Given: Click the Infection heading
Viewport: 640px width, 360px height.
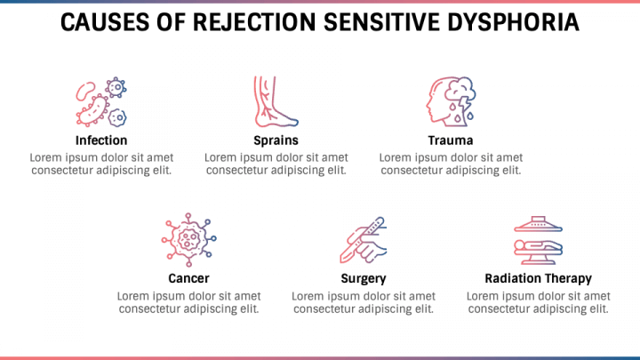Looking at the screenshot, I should tap(101, 140).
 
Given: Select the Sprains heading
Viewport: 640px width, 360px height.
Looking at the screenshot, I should tap(276, 140).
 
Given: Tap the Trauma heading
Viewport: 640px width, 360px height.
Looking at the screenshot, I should tap(450, 140).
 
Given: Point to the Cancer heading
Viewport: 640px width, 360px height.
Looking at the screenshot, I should tap(188, 278).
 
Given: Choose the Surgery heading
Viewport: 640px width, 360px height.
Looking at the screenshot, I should tap(364, 278).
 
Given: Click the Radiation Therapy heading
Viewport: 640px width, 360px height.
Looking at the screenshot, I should tap(538, 278).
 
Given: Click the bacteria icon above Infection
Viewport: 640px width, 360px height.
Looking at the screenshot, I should tap(100, 102).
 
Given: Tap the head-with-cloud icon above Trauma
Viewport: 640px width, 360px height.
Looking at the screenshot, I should tap(450, 100).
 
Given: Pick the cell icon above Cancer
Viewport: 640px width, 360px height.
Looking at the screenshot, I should tap(188, 239).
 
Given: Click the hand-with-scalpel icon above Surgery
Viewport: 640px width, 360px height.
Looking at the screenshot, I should tap(364, 239).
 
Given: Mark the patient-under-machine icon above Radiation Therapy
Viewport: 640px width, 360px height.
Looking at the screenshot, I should tap(538, 239).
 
